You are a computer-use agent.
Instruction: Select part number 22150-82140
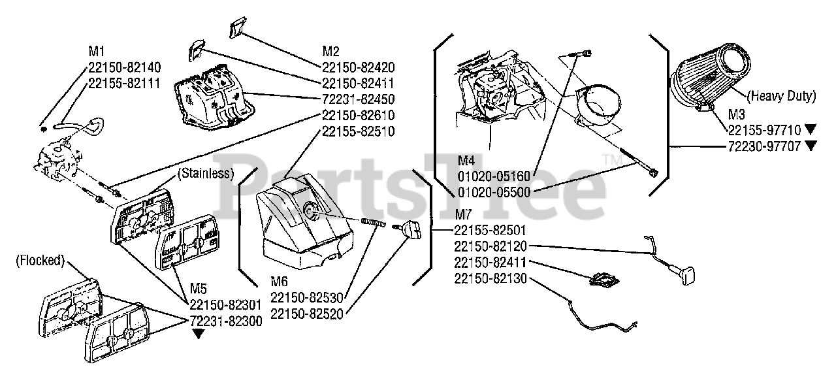coord(124,67)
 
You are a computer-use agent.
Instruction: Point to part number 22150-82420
coord(359,67)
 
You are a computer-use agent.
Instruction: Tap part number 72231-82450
coord(359,99)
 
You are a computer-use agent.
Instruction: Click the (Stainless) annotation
coord(206,174)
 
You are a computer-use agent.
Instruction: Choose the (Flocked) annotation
coord(40,260)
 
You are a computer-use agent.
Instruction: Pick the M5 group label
coord(199,288)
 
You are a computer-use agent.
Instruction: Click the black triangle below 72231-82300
coord(197,334)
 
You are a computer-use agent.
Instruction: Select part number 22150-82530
coord(306,298)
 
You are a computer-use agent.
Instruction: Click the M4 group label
coord(466,160)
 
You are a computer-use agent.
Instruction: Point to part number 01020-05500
coord(494,192)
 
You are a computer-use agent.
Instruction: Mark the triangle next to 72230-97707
coord(811,146)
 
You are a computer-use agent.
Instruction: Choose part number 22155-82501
coord(490,231)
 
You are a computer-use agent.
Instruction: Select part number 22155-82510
coord(359,131)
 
